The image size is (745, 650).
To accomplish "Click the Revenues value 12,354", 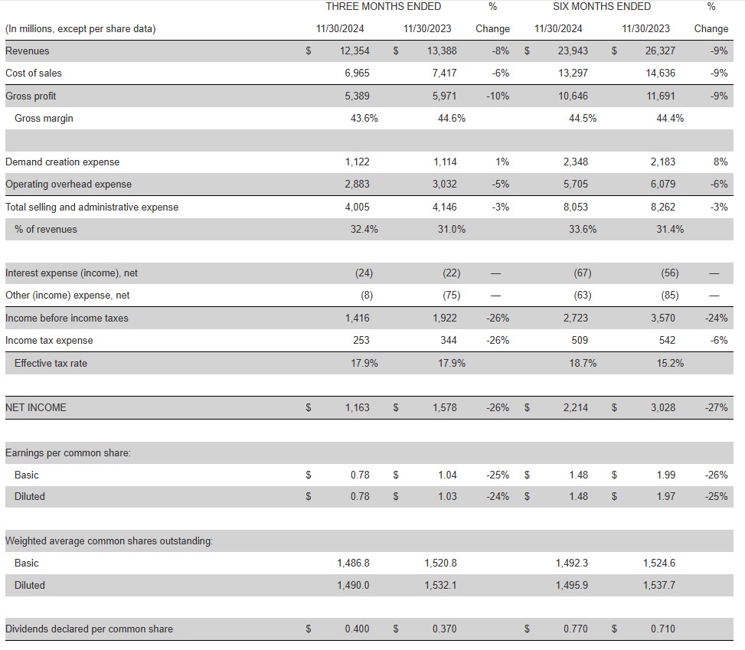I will tap(355, 51).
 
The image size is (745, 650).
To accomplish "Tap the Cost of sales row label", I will tap(34, 73).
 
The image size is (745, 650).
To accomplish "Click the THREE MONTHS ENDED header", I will tap(384, 6).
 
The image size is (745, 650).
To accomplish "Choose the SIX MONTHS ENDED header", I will tap(602, 6).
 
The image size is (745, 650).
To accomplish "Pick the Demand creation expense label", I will tap(62, 162).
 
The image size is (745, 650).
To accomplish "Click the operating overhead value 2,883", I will tap(358, 184).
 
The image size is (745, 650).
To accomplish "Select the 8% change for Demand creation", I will tap(720, 162).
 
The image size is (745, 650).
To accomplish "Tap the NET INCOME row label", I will tap(36, 407).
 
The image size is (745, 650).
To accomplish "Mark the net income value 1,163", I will tap(358, 407).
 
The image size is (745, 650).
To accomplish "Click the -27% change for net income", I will tap(716, 407).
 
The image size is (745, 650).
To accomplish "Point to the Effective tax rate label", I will tap(51, 363).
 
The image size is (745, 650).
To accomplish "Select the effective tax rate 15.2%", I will tap(670, 363).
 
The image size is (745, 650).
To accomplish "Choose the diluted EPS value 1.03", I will tap(447, 496).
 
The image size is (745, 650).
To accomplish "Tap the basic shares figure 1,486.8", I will tap(353, 563).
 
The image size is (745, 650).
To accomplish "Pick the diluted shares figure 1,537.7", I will tap(659, 585).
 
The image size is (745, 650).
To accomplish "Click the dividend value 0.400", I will tap(357, 629).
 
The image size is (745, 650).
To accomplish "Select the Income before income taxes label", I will tap(67, 318).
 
